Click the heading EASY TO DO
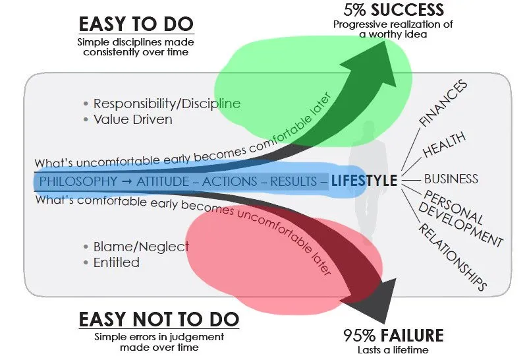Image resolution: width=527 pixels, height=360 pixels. (136, 24)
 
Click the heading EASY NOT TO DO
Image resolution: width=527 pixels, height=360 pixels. (159, 319)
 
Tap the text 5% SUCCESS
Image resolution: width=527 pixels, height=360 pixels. (393, 9)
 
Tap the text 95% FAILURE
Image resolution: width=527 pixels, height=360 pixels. (393, 335)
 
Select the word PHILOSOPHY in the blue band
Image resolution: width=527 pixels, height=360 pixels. (78, 182)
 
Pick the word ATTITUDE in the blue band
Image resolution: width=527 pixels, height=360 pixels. (163, 182)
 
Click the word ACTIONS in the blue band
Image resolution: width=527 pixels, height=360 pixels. (229, 182)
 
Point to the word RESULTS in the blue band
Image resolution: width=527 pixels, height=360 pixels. (293, 182)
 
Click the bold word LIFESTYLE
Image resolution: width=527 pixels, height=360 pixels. (364, 181)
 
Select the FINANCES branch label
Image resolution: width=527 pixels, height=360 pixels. (443, 104)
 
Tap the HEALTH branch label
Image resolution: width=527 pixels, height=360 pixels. (444, 144)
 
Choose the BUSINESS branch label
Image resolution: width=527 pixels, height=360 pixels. (451, 179)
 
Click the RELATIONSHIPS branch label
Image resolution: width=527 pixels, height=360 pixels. (453, 256)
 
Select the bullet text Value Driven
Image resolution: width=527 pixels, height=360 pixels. (133, 119)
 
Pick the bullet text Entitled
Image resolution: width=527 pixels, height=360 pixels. (117, 262)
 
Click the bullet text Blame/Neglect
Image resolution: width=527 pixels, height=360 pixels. (141, 247)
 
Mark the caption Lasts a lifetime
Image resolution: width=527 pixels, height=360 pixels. (393, 350)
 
